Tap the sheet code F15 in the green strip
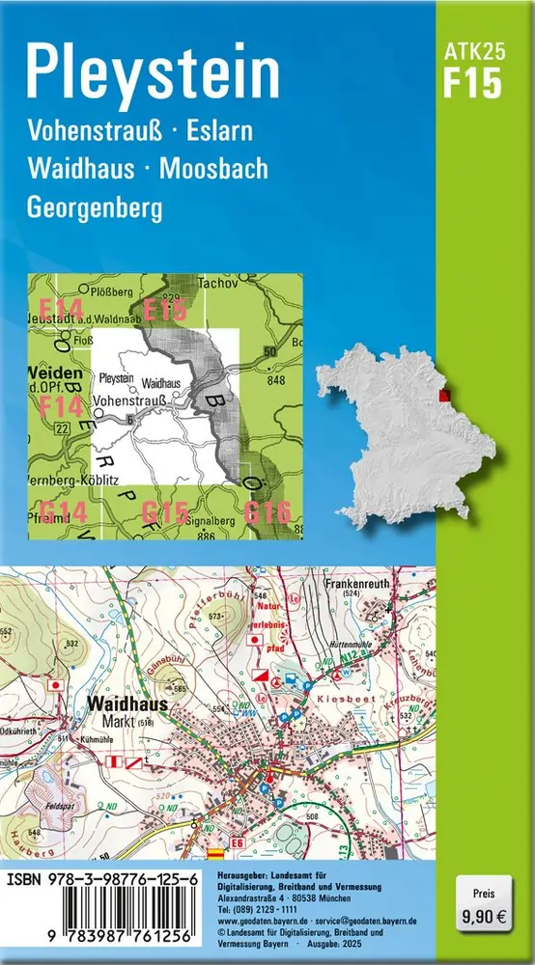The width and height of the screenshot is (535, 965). [x=473, y=85]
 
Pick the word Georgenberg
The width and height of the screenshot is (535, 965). [x=94, y=207]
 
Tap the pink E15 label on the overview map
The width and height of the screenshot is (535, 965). [x=164, y=310]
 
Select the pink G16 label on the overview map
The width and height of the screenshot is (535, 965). [x=267, y=512]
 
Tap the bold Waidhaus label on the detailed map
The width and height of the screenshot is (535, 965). [x=127, y=704]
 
